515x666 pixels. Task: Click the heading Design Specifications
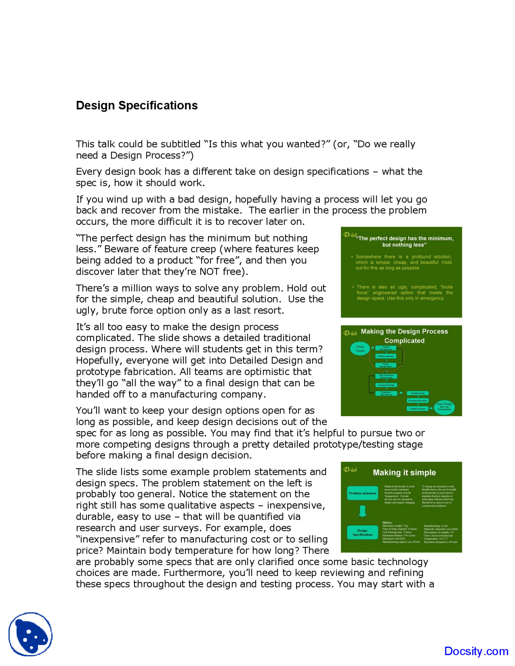(x=137, y=105)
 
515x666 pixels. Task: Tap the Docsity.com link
(x=476, y=651)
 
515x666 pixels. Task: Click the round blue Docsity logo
(x=31, y=634)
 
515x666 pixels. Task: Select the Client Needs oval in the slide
(x=360, y=348)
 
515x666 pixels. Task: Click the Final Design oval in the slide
(x=444, y=406)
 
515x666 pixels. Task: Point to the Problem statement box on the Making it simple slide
(x=363, y=493)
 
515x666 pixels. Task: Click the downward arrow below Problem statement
(x=363, y=511)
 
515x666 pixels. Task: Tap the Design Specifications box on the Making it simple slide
(x=363, y=532)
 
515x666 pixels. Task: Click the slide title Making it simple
(x=404, y=473)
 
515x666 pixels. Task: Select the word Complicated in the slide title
(x=404, y=341)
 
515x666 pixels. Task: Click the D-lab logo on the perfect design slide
(x=350, y=234)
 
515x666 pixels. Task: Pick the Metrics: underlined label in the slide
(x=387, y=522)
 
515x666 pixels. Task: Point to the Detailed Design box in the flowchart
(x=418, y=393)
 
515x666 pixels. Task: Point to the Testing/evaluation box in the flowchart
(x=418, y=408)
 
